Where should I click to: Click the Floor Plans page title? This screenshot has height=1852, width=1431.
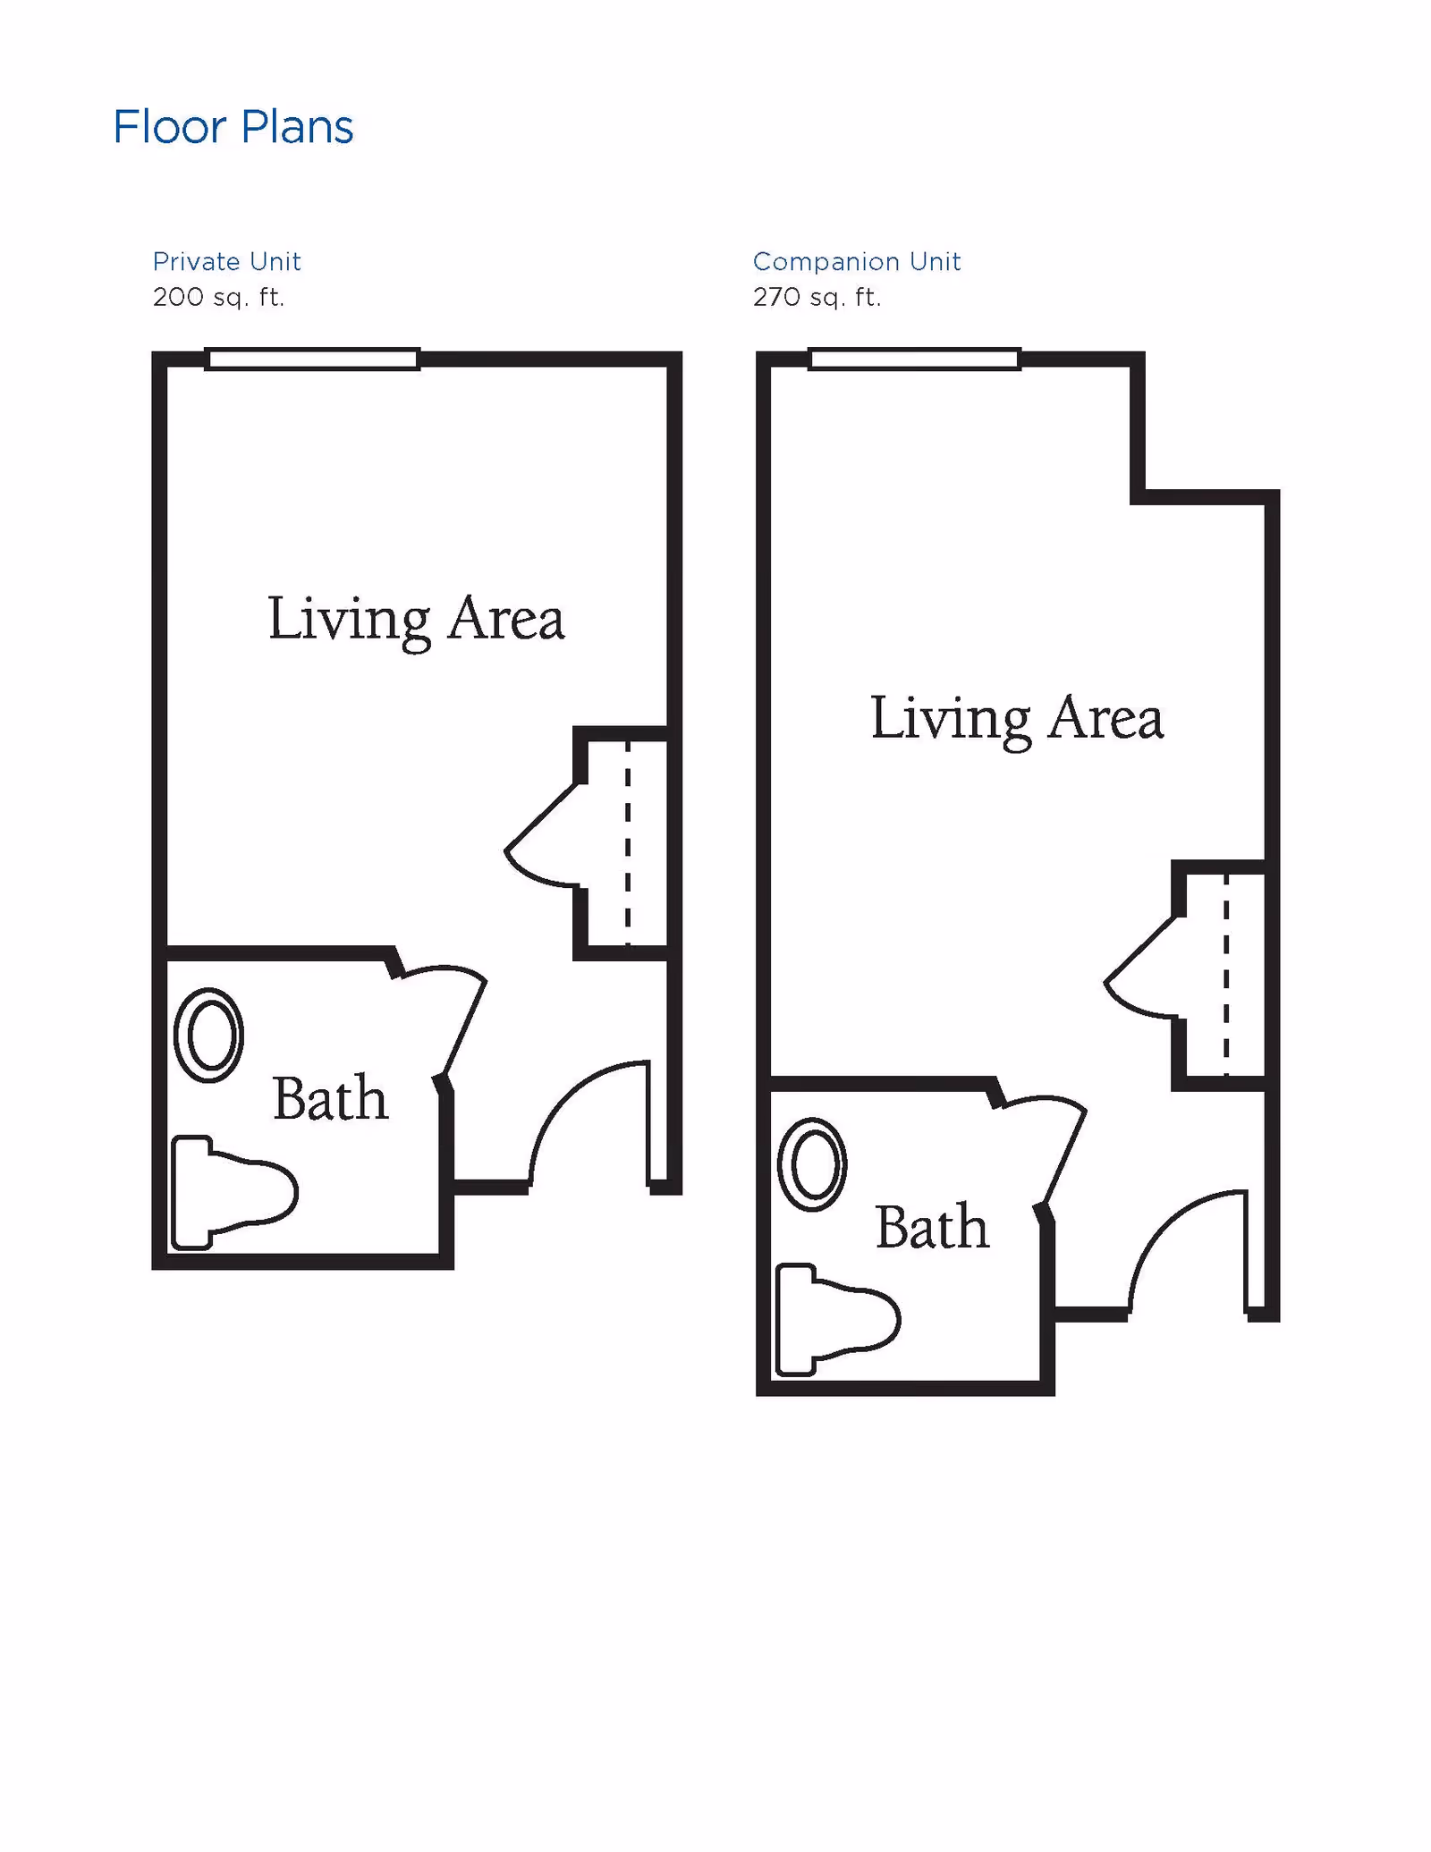click(233, 127)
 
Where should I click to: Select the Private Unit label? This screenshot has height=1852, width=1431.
click(226, 261)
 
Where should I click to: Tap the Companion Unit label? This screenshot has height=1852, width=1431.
click(856, 261)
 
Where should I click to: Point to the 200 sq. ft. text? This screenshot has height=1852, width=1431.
click(218, 297)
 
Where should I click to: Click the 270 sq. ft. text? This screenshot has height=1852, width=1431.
click(817, 297)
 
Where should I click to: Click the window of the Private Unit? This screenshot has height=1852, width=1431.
click(312, 359)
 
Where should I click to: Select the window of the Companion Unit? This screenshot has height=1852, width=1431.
click(914, 359)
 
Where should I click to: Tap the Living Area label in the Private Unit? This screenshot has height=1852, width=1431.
click(416, 619)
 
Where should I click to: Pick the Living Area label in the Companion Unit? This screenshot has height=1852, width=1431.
click(1017, 718)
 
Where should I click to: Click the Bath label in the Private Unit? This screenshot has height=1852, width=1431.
click(330, 1098)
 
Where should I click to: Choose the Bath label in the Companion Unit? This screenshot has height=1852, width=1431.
click(932, 1227)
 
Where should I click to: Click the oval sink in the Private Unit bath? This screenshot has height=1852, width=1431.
click(209, 1035)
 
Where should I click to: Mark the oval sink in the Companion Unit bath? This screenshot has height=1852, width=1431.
click(812, 1164)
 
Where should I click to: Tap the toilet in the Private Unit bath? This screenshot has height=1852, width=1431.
click(233, 1192)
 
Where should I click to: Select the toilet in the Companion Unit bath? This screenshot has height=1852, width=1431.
click(835, 1320)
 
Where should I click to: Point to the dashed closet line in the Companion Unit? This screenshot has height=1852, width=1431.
click(1225, 975)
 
